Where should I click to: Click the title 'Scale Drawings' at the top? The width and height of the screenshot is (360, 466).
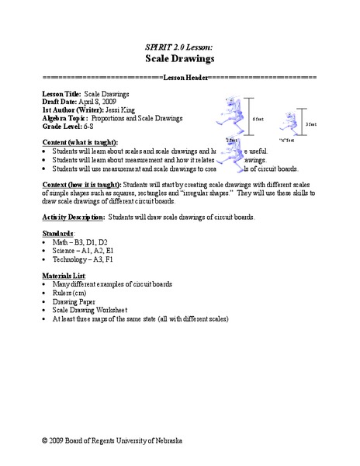(x=179, y=58)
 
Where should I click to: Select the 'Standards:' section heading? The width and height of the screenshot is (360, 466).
(x=57, y=232)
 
